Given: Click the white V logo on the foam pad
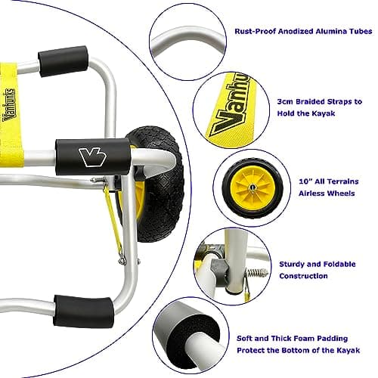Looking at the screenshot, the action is (x=92, y=156).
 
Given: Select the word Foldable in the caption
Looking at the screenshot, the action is (x=339, y=264).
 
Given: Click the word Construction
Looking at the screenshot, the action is (x=303, y=276).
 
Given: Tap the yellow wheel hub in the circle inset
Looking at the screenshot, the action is (x=252, y=187).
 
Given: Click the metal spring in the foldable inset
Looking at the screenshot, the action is (x=257, y=273).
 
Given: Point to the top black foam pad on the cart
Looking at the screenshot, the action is (x=63, y=61).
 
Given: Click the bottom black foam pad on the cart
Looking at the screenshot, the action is (x=83, y=311).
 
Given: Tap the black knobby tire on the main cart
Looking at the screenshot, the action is (x=161, y=184).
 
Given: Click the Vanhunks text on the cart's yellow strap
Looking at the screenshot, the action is (x=9, y=104).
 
